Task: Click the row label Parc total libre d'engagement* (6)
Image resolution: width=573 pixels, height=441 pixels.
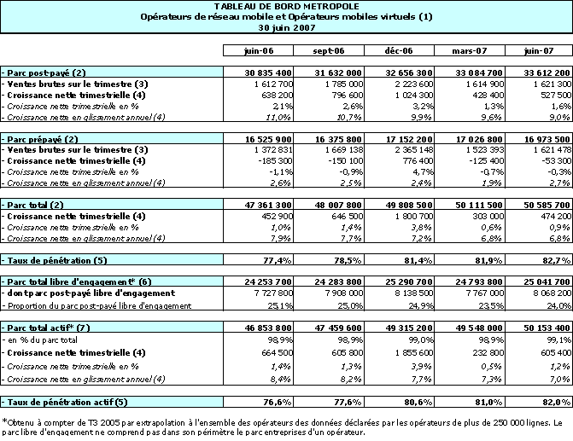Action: pos(77,281)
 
